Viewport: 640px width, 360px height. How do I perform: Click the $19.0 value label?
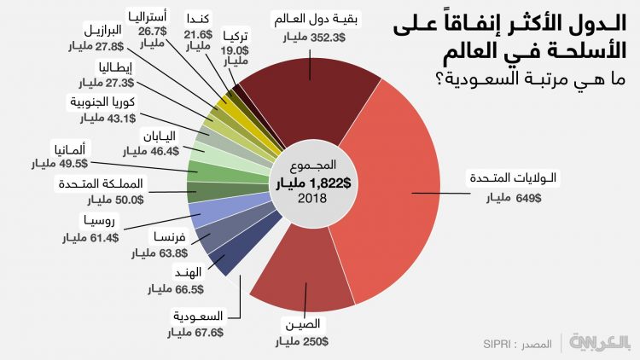pyautogui.click(x=235, y=49)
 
